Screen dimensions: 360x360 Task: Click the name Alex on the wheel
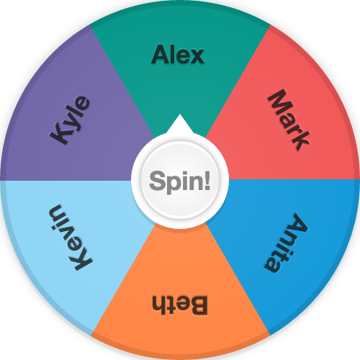point(178,55)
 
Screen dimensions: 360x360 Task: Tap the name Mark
point(289,120)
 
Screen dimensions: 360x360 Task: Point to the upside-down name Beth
point(180,305)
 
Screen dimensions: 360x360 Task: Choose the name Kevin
point(71,238)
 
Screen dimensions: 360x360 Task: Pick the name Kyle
point(70,120)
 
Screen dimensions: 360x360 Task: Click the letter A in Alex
point(161,55)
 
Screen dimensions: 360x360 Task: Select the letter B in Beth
point(198,305)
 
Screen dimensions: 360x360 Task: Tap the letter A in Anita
point(297,223)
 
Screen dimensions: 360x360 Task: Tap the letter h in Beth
point(159,305)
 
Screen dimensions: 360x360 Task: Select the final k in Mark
point(301,142)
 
